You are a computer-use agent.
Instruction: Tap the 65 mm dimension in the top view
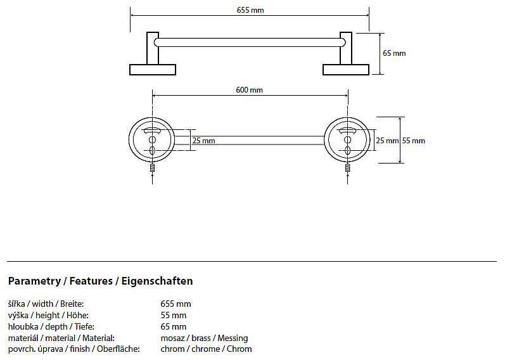pos(394,53)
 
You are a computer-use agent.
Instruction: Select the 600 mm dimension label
pos(249,90)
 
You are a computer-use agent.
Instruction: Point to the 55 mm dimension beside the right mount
pos(414,140)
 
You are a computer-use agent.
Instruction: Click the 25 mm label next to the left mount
pos(203,141)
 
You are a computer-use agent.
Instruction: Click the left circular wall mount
pos(152,140)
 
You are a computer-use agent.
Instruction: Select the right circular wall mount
pos(347,140)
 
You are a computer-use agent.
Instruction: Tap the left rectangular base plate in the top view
pos(153,69)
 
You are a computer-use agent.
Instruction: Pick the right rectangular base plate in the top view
pos(346,69)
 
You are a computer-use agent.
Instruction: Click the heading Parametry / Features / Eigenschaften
pos(100,281)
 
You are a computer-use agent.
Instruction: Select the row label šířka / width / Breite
pos(46,304)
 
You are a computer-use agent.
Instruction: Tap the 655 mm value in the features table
pos(176,304)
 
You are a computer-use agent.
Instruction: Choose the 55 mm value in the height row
pos(174,316)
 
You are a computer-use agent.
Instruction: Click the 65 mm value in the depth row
pos(174,326)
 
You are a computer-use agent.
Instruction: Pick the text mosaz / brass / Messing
pos(204,338)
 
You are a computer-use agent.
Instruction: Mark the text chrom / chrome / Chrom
pos(206,349)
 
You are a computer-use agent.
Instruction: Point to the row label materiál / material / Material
pos(61,338)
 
